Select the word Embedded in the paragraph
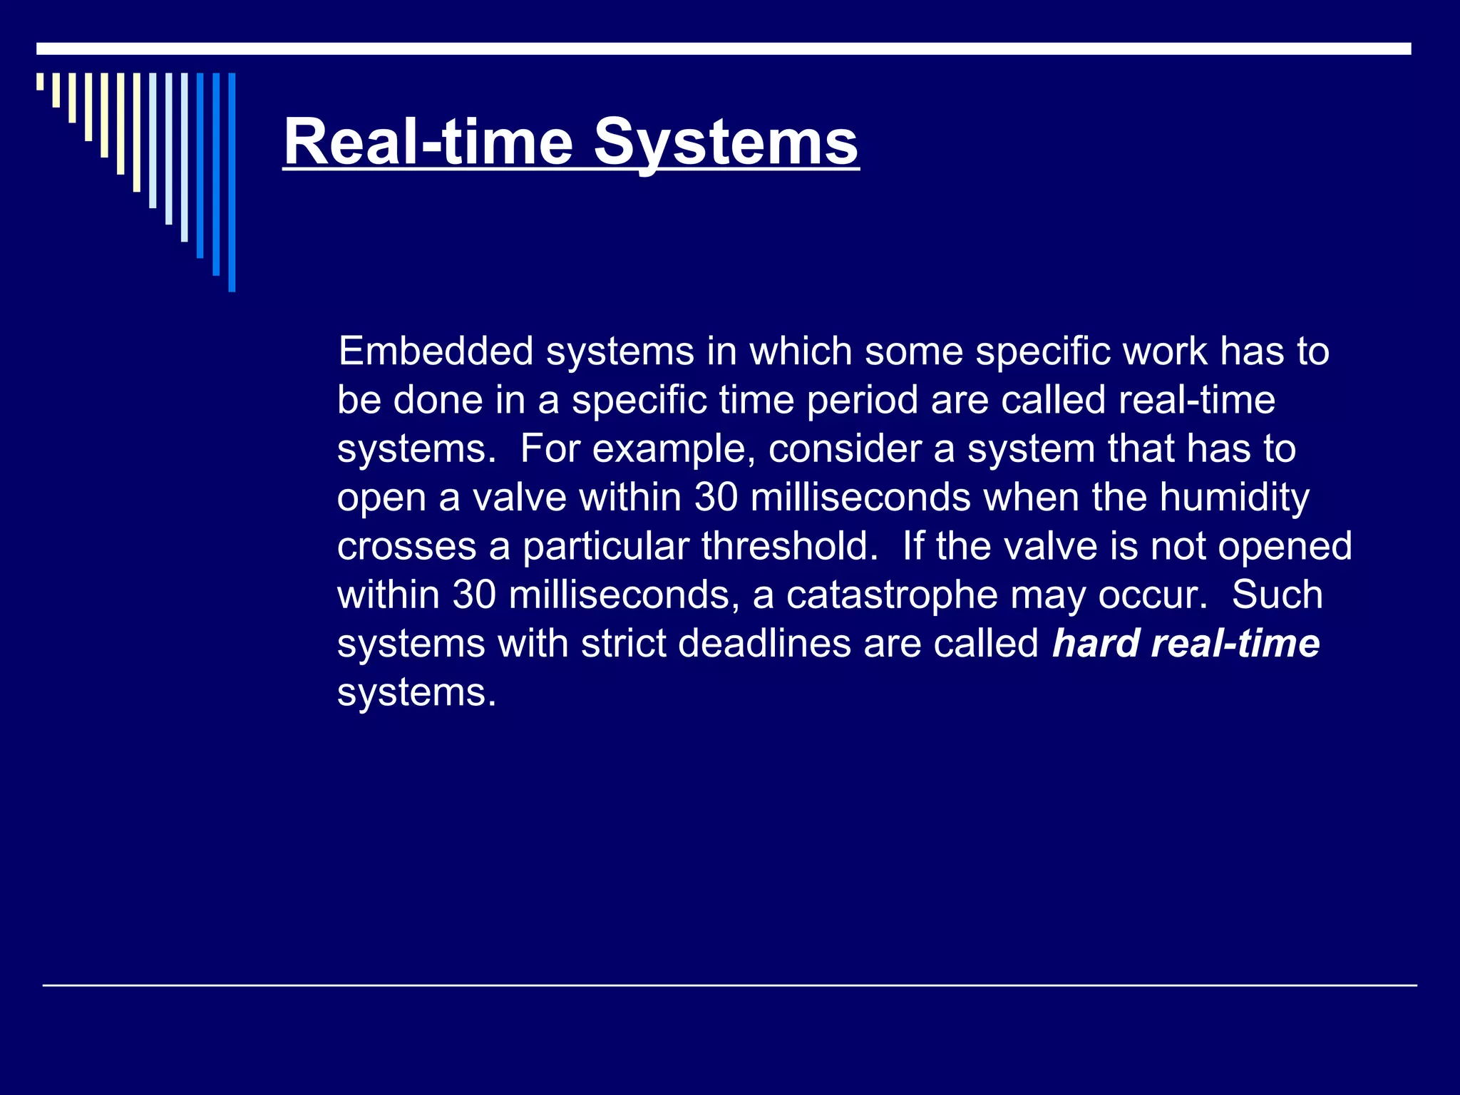[x=436, y=351]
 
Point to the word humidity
[x=1234, y=498]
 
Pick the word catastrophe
[x=892, y=595]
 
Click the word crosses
[x=406, y=547]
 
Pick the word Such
[x=1277, y=595]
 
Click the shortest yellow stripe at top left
[x=40, y=81]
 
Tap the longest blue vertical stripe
[x=232, y=182]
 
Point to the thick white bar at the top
[x=724, y=48]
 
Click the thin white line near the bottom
[x=729, y=985]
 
